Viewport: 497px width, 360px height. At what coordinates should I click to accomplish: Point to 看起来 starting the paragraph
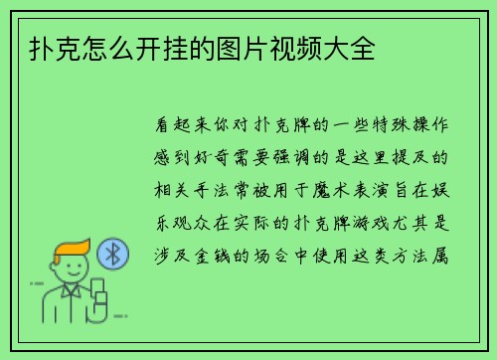pyautogui.click(x=188, y=128)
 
